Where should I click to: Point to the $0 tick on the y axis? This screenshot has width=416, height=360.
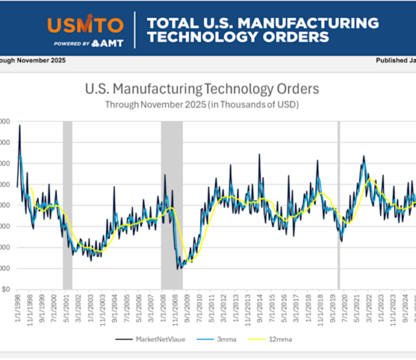[5, 289]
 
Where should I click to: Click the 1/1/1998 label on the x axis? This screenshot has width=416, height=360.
[18, 308]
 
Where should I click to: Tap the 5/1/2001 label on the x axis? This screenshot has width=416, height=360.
[67, 308]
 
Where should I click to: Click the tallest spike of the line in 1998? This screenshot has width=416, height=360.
[19, 126]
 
